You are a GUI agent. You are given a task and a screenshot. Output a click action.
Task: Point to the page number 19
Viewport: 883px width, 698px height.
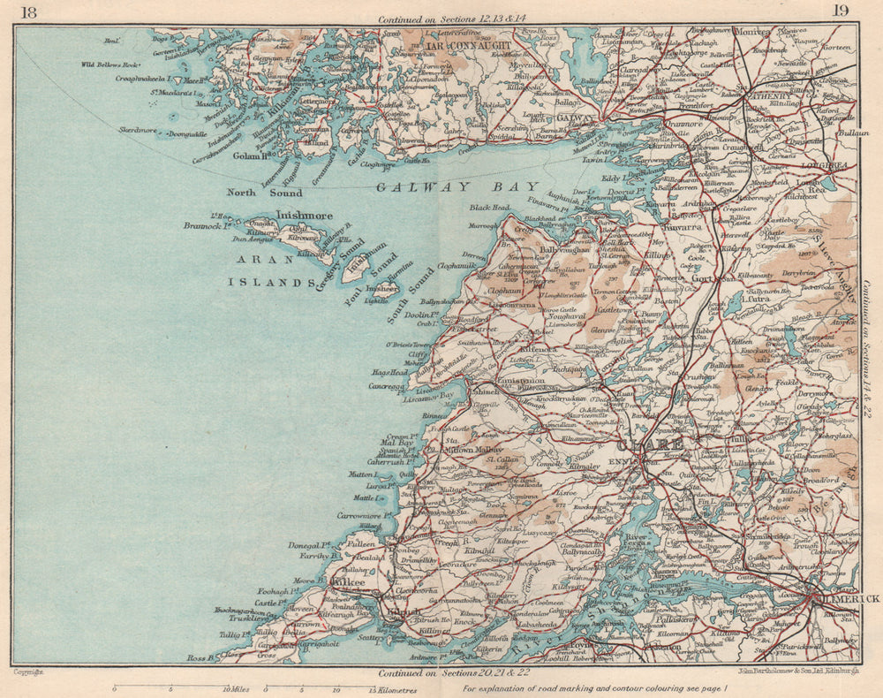[x=840, y=11]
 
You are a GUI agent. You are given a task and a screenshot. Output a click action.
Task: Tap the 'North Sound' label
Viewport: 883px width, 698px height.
[x=264, y=193]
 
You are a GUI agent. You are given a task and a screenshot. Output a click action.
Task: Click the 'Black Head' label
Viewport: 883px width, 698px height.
[x=490, y=208]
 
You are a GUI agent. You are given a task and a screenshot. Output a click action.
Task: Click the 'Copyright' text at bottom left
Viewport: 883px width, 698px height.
[x=30, y=672]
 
